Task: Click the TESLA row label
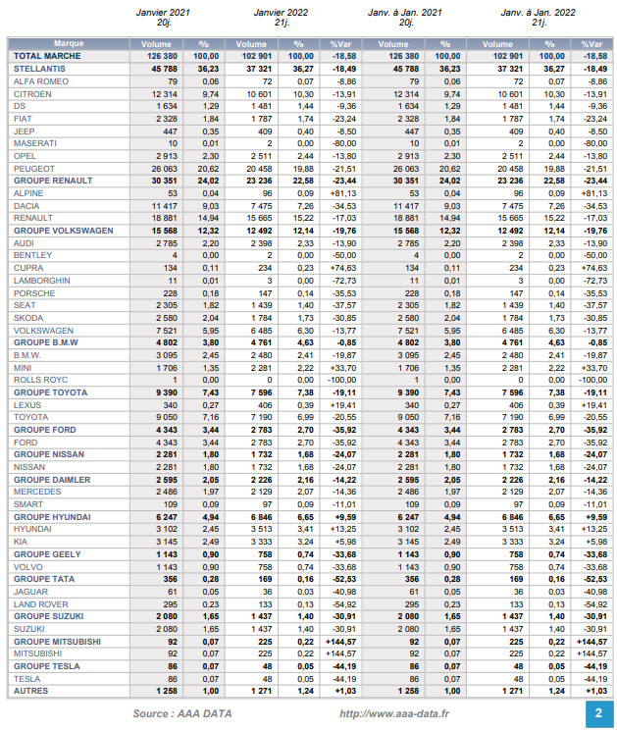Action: pos(26,678)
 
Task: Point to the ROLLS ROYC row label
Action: pos(38,379)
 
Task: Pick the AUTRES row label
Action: pos(30,691)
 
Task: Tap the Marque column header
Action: pos(68,44)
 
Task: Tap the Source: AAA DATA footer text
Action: pos(182,713)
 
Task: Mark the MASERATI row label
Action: pos(34,142)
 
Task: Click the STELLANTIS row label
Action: pos(36,69)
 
